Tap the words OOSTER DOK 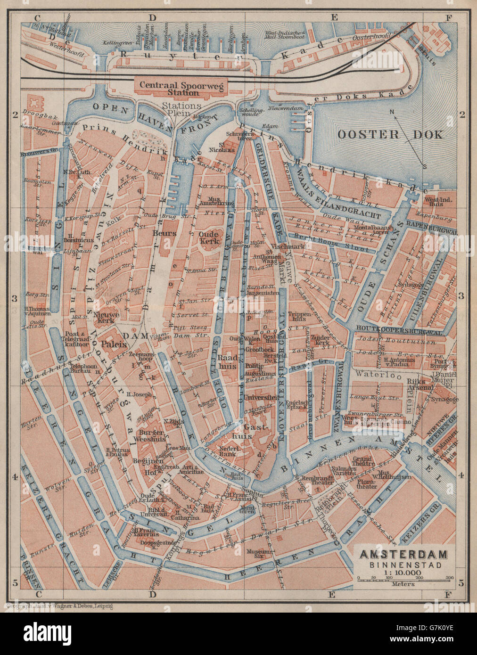click(390, 134)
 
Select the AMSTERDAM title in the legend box click(404, 554)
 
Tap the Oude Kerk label click(208, 238)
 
